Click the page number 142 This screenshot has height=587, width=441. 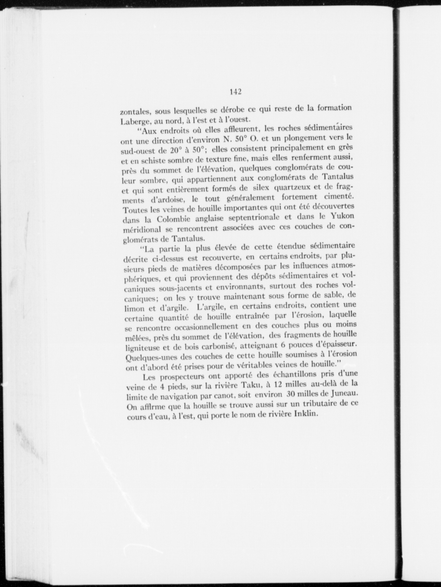[236, 92]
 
